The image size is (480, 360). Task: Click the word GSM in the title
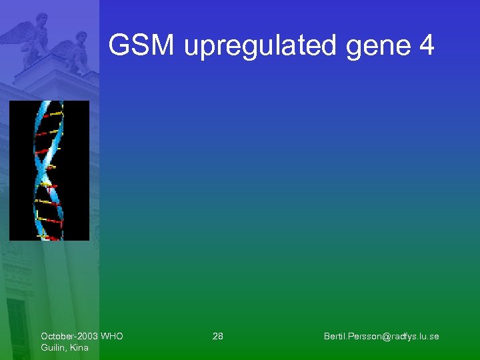tap(142, 46)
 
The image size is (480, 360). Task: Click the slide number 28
tap(218, 336)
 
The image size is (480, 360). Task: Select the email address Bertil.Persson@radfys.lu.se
tap(381, 336)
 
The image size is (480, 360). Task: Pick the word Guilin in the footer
tap(53, 347)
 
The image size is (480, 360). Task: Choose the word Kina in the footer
tap(79, 347)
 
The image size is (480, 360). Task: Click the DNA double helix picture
tap(49, 170)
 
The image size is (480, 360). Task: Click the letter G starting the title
tap(119, 46)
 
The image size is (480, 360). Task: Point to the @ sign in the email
tap(383, 336)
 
